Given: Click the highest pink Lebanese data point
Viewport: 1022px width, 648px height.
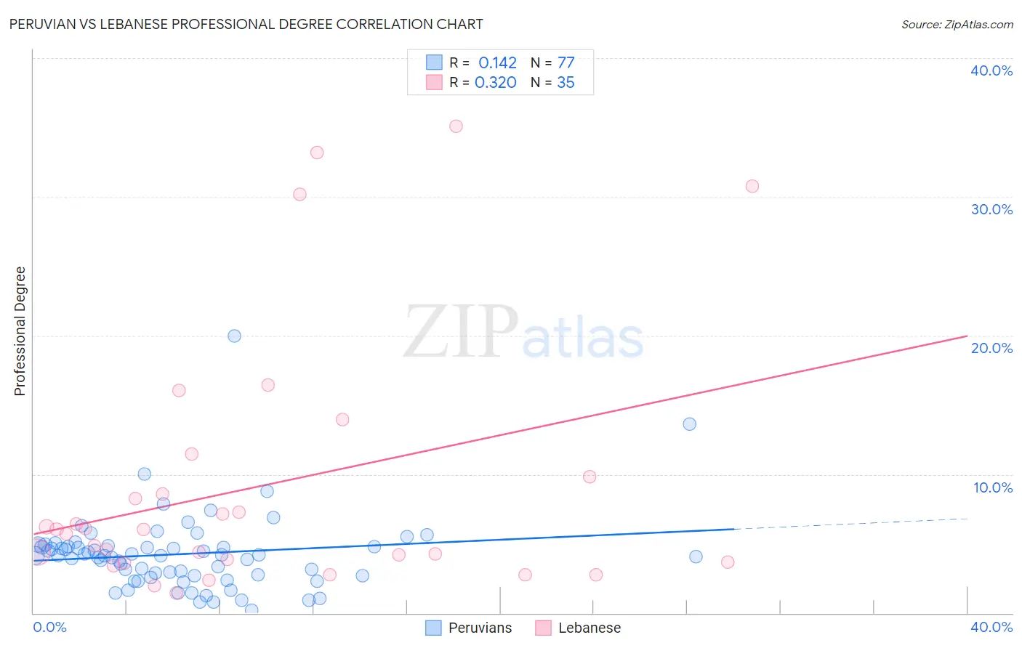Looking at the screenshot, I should point(456,126).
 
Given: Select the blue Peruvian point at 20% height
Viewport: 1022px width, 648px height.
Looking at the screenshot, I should point(234,336).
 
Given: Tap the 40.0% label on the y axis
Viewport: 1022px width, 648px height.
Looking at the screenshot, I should point(991,70).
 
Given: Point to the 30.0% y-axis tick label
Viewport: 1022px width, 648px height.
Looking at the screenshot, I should point(991,209).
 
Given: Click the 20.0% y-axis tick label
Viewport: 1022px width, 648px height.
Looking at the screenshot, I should point(991,348).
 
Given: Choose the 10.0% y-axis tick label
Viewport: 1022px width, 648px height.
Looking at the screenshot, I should point(993,487).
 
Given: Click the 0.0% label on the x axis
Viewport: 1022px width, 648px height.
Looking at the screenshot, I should point(50,627).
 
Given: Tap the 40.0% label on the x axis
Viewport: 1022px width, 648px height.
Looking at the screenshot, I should point(991,627).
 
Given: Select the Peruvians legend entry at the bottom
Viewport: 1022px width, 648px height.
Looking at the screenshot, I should point(480,628).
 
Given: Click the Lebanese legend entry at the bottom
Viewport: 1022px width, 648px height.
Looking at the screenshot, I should point(589,628).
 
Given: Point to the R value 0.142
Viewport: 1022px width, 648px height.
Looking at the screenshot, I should point(497,63).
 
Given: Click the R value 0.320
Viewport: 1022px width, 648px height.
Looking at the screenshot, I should point(496,83).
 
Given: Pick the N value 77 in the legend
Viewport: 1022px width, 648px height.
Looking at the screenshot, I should point(566,63).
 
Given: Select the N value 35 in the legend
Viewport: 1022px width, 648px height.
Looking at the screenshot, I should point(566,83).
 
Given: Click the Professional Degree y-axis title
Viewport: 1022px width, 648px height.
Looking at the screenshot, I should point(20,331).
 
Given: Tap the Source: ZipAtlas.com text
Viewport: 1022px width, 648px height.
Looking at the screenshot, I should point(957,25).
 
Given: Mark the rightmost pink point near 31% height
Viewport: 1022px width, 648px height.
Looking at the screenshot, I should point(752,187).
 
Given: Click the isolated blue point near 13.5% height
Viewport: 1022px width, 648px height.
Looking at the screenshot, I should point(689,424).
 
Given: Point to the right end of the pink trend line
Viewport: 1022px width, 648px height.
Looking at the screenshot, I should point(967,336).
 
